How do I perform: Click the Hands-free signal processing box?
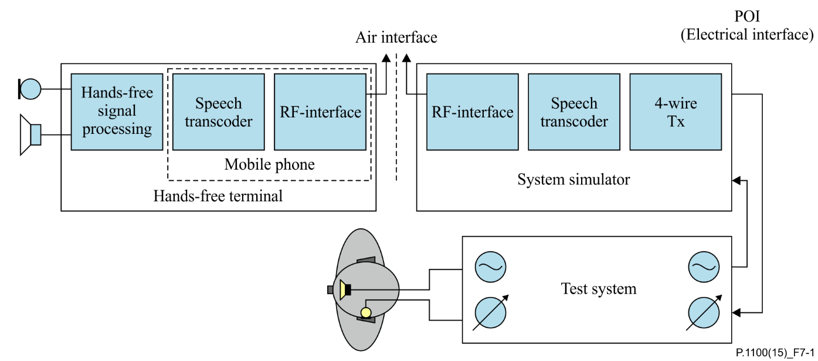pyautogui.click(x=117, y=112)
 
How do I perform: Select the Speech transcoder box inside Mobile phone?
pyautogui.click(x=218, y=112)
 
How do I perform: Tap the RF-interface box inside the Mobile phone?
pyautogui.click(x=320, y=112)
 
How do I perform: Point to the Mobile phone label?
pyautogui.click(x=269, y=164)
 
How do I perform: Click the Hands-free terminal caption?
pyautogui.click(x=218, y=195)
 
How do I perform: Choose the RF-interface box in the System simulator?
pyautogui.click(x=472, y=112)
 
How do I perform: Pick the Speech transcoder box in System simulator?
pyautogui.click(x=573, y=112)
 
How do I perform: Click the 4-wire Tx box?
pyautogui.click(x=676, y=112)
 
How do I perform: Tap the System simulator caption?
pyautogui.click(x=573, y=179)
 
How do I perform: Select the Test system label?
pyautogui.click(x=598, y=289)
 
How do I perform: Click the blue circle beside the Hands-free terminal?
pyautogui.click(x=30, y=89)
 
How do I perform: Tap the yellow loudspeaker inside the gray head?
pyautogui.click(x=344, y=289)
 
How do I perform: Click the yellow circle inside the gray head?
pyautogui.click(x=366, y=312)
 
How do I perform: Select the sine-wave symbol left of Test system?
pyautogui.click(x=490, y=267)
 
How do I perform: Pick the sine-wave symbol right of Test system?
pyautogui.click(x=704, y=267)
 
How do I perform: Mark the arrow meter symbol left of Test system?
pyautogui.click(x=490, y=312)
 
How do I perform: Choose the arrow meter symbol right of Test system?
pyautogui.click(x=704, y=312)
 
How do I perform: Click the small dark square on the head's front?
pyautogui.click(x=331, y=289)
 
